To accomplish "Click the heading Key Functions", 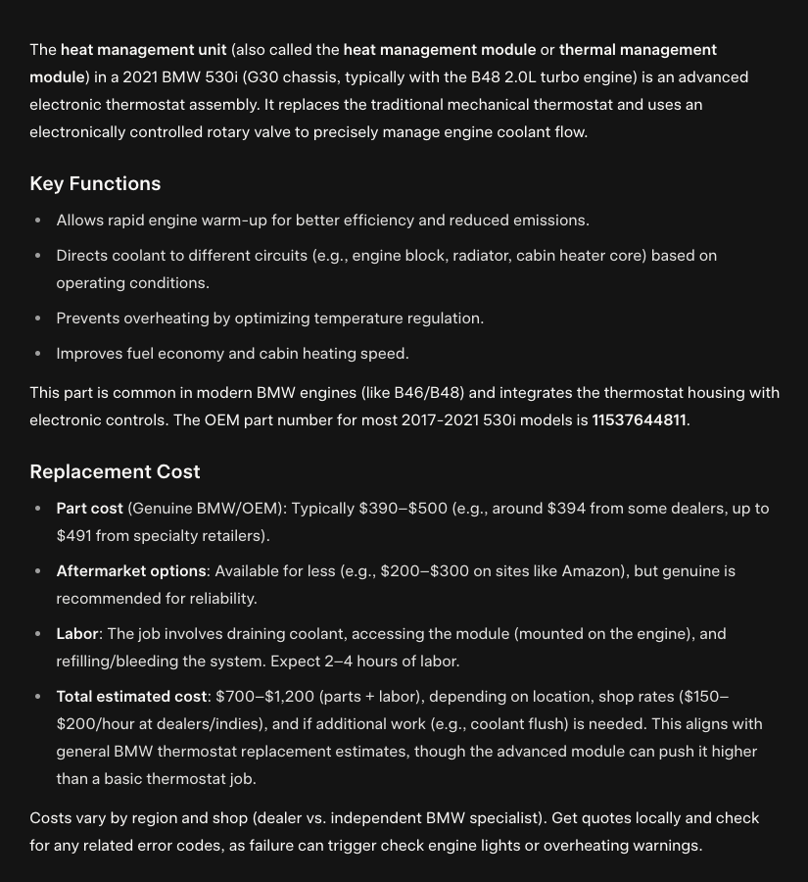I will pyautogui.click(x=95, y=184).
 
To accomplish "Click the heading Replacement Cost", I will pyautogui.click(x=115, y=471).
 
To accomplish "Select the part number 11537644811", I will pyautogui.click(x=639, y=420).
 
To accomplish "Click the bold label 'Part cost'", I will pyautogui.click(x=89, y=509).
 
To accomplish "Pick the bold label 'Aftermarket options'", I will pyautogui.click(x=131, y=571).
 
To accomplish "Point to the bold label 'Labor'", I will pyautogui.click(x=77, y=634).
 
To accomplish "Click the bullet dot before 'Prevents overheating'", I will pyautogui.click(x=38, y=318).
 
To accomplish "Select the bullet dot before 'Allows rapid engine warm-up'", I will pyautogui.click(x=38, y=220).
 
